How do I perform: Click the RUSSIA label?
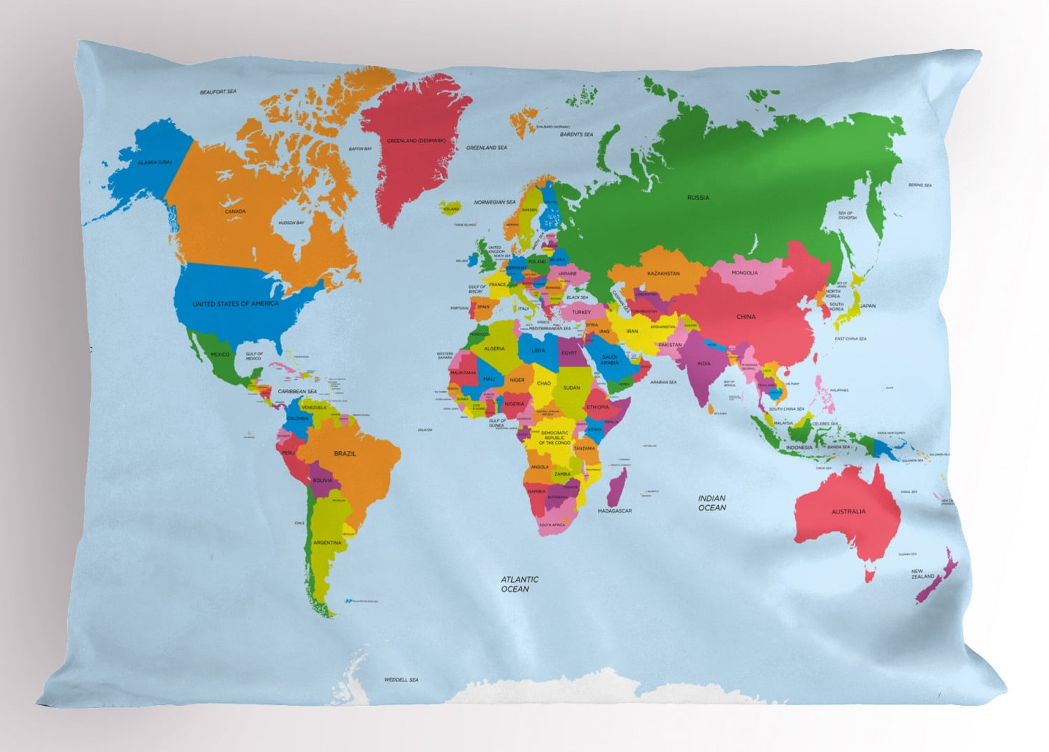(697, 198)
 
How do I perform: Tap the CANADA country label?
(235, 211)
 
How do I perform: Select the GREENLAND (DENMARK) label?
(416, 141)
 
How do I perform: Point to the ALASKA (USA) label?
(155, 162)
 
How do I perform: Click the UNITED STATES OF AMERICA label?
(236, 304)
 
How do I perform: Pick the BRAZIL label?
(345, 454)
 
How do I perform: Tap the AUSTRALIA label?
(848, 511)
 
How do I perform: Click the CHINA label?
(746, 317)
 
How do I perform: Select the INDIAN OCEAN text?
(712, 503)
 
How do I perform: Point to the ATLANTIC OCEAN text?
(520, 584)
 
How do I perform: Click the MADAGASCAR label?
(615, 511)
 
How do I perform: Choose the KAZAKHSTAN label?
(663, 274)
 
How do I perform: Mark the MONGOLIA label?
(744, 273)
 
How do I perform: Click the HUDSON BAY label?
(291, 223)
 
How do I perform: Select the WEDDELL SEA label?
(401, 680)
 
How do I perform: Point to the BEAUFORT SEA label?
(218, 92)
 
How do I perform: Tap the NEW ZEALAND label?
(922, 574)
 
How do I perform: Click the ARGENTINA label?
(327, 543)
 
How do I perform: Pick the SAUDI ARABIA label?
(609, 360)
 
